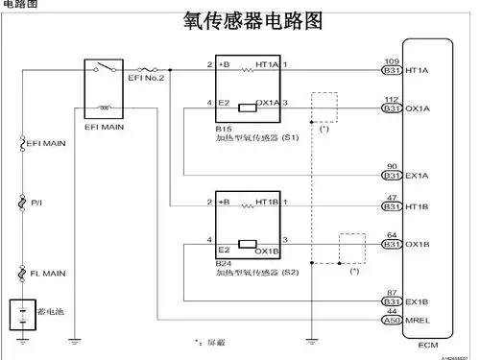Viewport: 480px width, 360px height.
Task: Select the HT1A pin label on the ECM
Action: pos(418,70)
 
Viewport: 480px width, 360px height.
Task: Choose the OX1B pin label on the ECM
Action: pos(418,245)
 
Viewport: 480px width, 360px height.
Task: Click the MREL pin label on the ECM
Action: pos(419,322)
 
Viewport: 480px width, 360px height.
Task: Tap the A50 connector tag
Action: pos(392,322)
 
